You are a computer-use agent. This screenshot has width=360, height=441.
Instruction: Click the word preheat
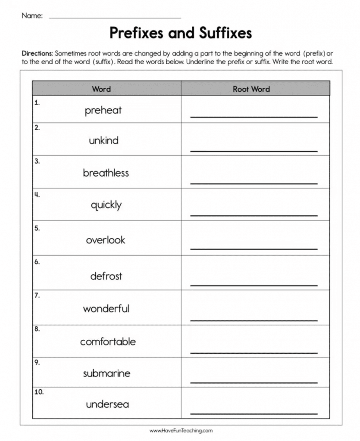tap(103, 110)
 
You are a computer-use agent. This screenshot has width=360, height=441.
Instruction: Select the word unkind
tap(103, 140)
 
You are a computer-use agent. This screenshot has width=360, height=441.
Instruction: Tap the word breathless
tap(106, 173)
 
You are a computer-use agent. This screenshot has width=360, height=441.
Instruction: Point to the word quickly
tap(106, 205)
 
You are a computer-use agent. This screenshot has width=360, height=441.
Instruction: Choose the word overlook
tap(106, 240)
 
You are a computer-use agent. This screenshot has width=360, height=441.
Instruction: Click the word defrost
tap(106, 276)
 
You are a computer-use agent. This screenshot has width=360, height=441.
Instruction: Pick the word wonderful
tap(106, 308)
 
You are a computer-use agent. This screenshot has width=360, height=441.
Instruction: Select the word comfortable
tap(108, 342)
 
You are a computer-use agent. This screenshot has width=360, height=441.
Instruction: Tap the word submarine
tap(106, 373)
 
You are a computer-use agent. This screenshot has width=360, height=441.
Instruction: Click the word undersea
tap(107, 404)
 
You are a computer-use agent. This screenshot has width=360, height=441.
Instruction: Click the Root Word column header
tap(251, 89)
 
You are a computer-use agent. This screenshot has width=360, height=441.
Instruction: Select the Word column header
tap(101, 89)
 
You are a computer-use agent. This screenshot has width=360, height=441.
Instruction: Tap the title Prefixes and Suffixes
tap(180, 33)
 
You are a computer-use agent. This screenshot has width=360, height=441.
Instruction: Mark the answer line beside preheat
tap(254, 116)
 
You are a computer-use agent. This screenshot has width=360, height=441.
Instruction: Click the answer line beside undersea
tap(254, 413)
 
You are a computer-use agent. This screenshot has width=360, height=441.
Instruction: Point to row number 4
tap(37, 195)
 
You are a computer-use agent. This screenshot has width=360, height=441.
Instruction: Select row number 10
tap(39, 392)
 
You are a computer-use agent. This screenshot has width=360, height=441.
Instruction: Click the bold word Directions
tap(37, 54)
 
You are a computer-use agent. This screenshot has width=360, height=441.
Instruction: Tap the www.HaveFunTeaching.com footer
tap(181, 430)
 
